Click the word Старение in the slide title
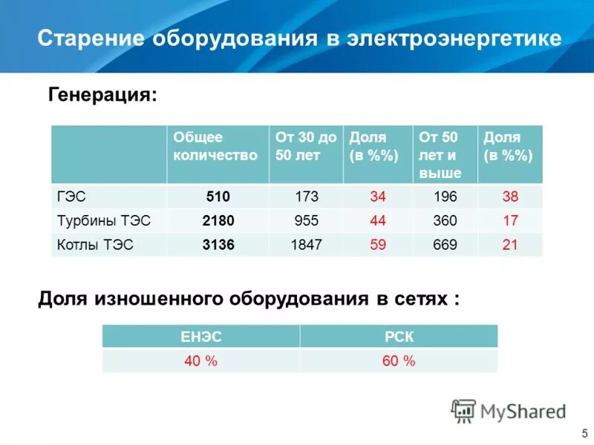(x=91, y=39)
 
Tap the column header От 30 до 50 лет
(x=306, y=146)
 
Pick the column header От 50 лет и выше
(x=440, y=155)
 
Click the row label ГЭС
(x=72, y=197)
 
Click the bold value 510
(x=218, y=197)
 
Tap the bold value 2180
(x=218, y=221)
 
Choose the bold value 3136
(x=218, y=245)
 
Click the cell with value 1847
(x=306, y=245)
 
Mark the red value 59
(x=377, y=245)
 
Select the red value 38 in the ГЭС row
(x=509, y=197)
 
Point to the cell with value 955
(x=306, y=221)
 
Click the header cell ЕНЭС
(x=200, y=337)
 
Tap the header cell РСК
(x=399, y=337)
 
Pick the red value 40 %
(x=200, y=361)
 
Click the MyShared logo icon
(x=464, y=410)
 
